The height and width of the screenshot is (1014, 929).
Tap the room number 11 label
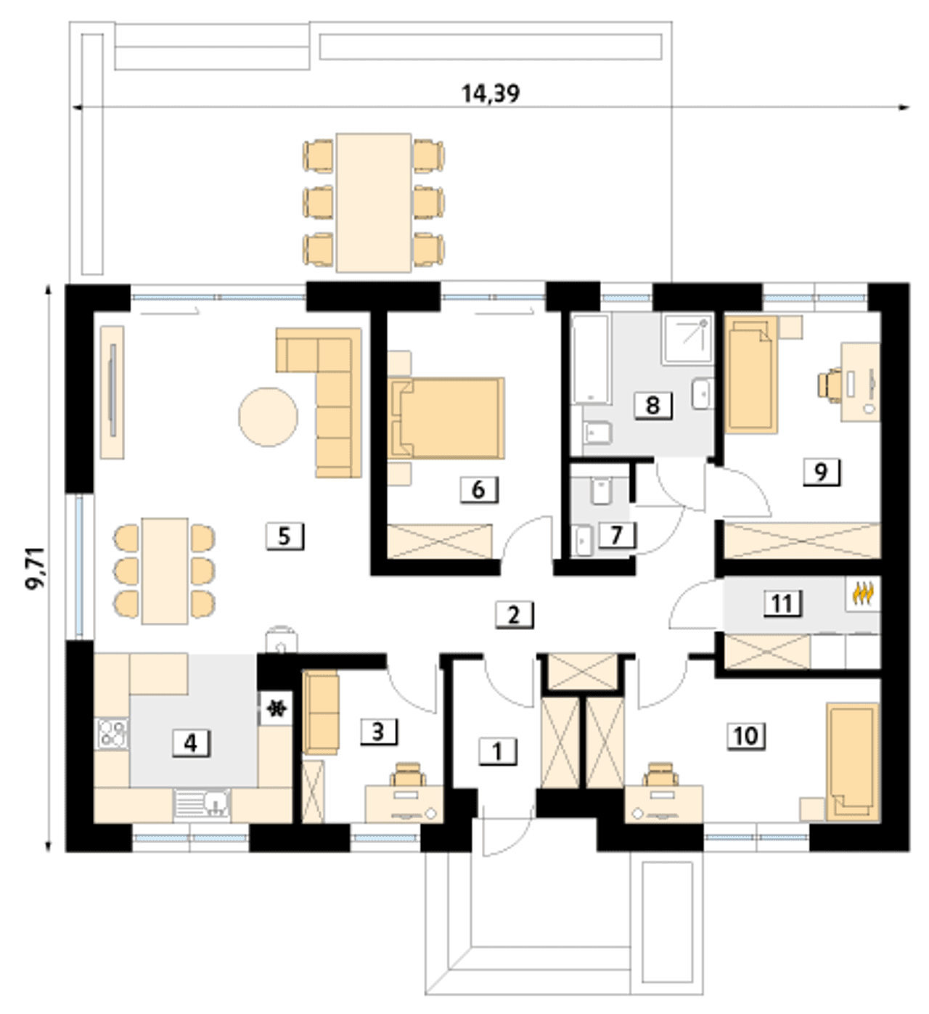tap(782, 603)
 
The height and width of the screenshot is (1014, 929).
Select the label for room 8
tap(653, 406)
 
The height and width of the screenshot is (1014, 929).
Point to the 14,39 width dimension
tap(491, 94)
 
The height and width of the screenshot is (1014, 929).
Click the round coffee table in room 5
tap(269, 417)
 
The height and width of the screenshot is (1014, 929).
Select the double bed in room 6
tap(447, 419)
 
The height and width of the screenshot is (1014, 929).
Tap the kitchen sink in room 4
tap(202, 804)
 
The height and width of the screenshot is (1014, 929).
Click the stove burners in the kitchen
tap(113, 733)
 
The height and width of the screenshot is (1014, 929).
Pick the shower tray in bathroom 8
tap(689, 339)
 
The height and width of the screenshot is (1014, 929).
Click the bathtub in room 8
tap(590, 359)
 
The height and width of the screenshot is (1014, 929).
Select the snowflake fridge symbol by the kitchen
tap(276, 710)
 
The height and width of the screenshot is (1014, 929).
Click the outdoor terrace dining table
tap(374, 203)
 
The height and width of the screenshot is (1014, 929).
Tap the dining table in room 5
tap(165, 571)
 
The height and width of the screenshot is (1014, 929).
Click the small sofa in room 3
tap(321, 713)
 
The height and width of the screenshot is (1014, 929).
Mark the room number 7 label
tap(616, 535)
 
